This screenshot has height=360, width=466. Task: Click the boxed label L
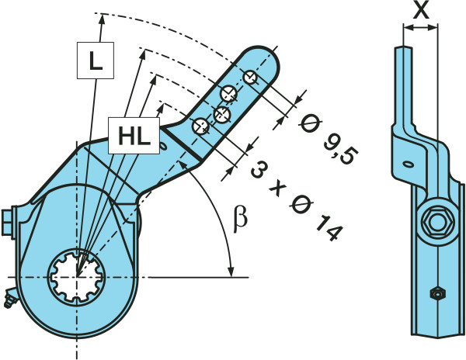click(95, 61)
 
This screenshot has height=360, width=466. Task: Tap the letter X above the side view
click(421, 10)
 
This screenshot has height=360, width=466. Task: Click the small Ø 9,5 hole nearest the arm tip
click(249, 78)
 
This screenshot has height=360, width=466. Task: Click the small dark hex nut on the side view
click(437, 293)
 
